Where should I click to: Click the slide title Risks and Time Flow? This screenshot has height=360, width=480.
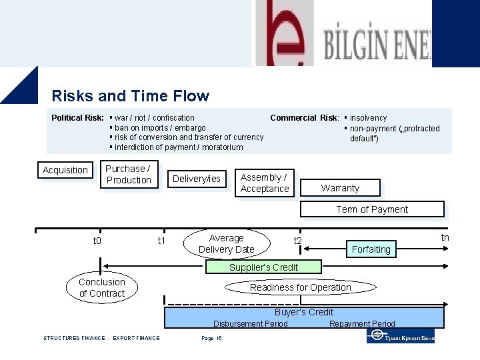[130, 96]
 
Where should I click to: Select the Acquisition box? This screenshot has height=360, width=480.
[65, 170]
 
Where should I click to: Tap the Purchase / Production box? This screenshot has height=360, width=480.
[129, 175]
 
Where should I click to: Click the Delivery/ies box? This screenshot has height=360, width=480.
[196, 179]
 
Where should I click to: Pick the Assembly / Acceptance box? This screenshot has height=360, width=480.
[265, 183]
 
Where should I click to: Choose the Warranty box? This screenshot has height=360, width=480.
[340, 188]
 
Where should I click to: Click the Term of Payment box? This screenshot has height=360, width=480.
[372, 209]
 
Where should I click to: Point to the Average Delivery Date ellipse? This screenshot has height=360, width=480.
[227, 244]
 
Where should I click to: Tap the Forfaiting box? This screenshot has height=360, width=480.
[371, 249]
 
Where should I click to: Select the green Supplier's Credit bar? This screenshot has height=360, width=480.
[263, 267]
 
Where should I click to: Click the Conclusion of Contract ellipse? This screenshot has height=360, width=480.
[101, 288]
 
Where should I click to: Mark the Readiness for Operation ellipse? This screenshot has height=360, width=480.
[300, 287]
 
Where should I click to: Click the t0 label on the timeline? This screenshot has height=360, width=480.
[97, 241]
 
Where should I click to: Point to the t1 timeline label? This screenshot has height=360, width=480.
[161, 241]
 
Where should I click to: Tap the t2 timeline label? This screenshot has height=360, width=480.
[298, 241]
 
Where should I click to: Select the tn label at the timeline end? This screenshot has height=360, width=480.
[445, 237]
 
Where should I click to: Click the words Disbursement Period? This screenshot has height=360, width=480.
[251, 324]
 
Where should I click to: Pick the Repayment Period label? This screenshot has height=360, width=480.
[362, 324]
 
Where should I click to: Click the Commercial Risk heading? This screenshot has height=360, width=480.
[304, 118]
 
